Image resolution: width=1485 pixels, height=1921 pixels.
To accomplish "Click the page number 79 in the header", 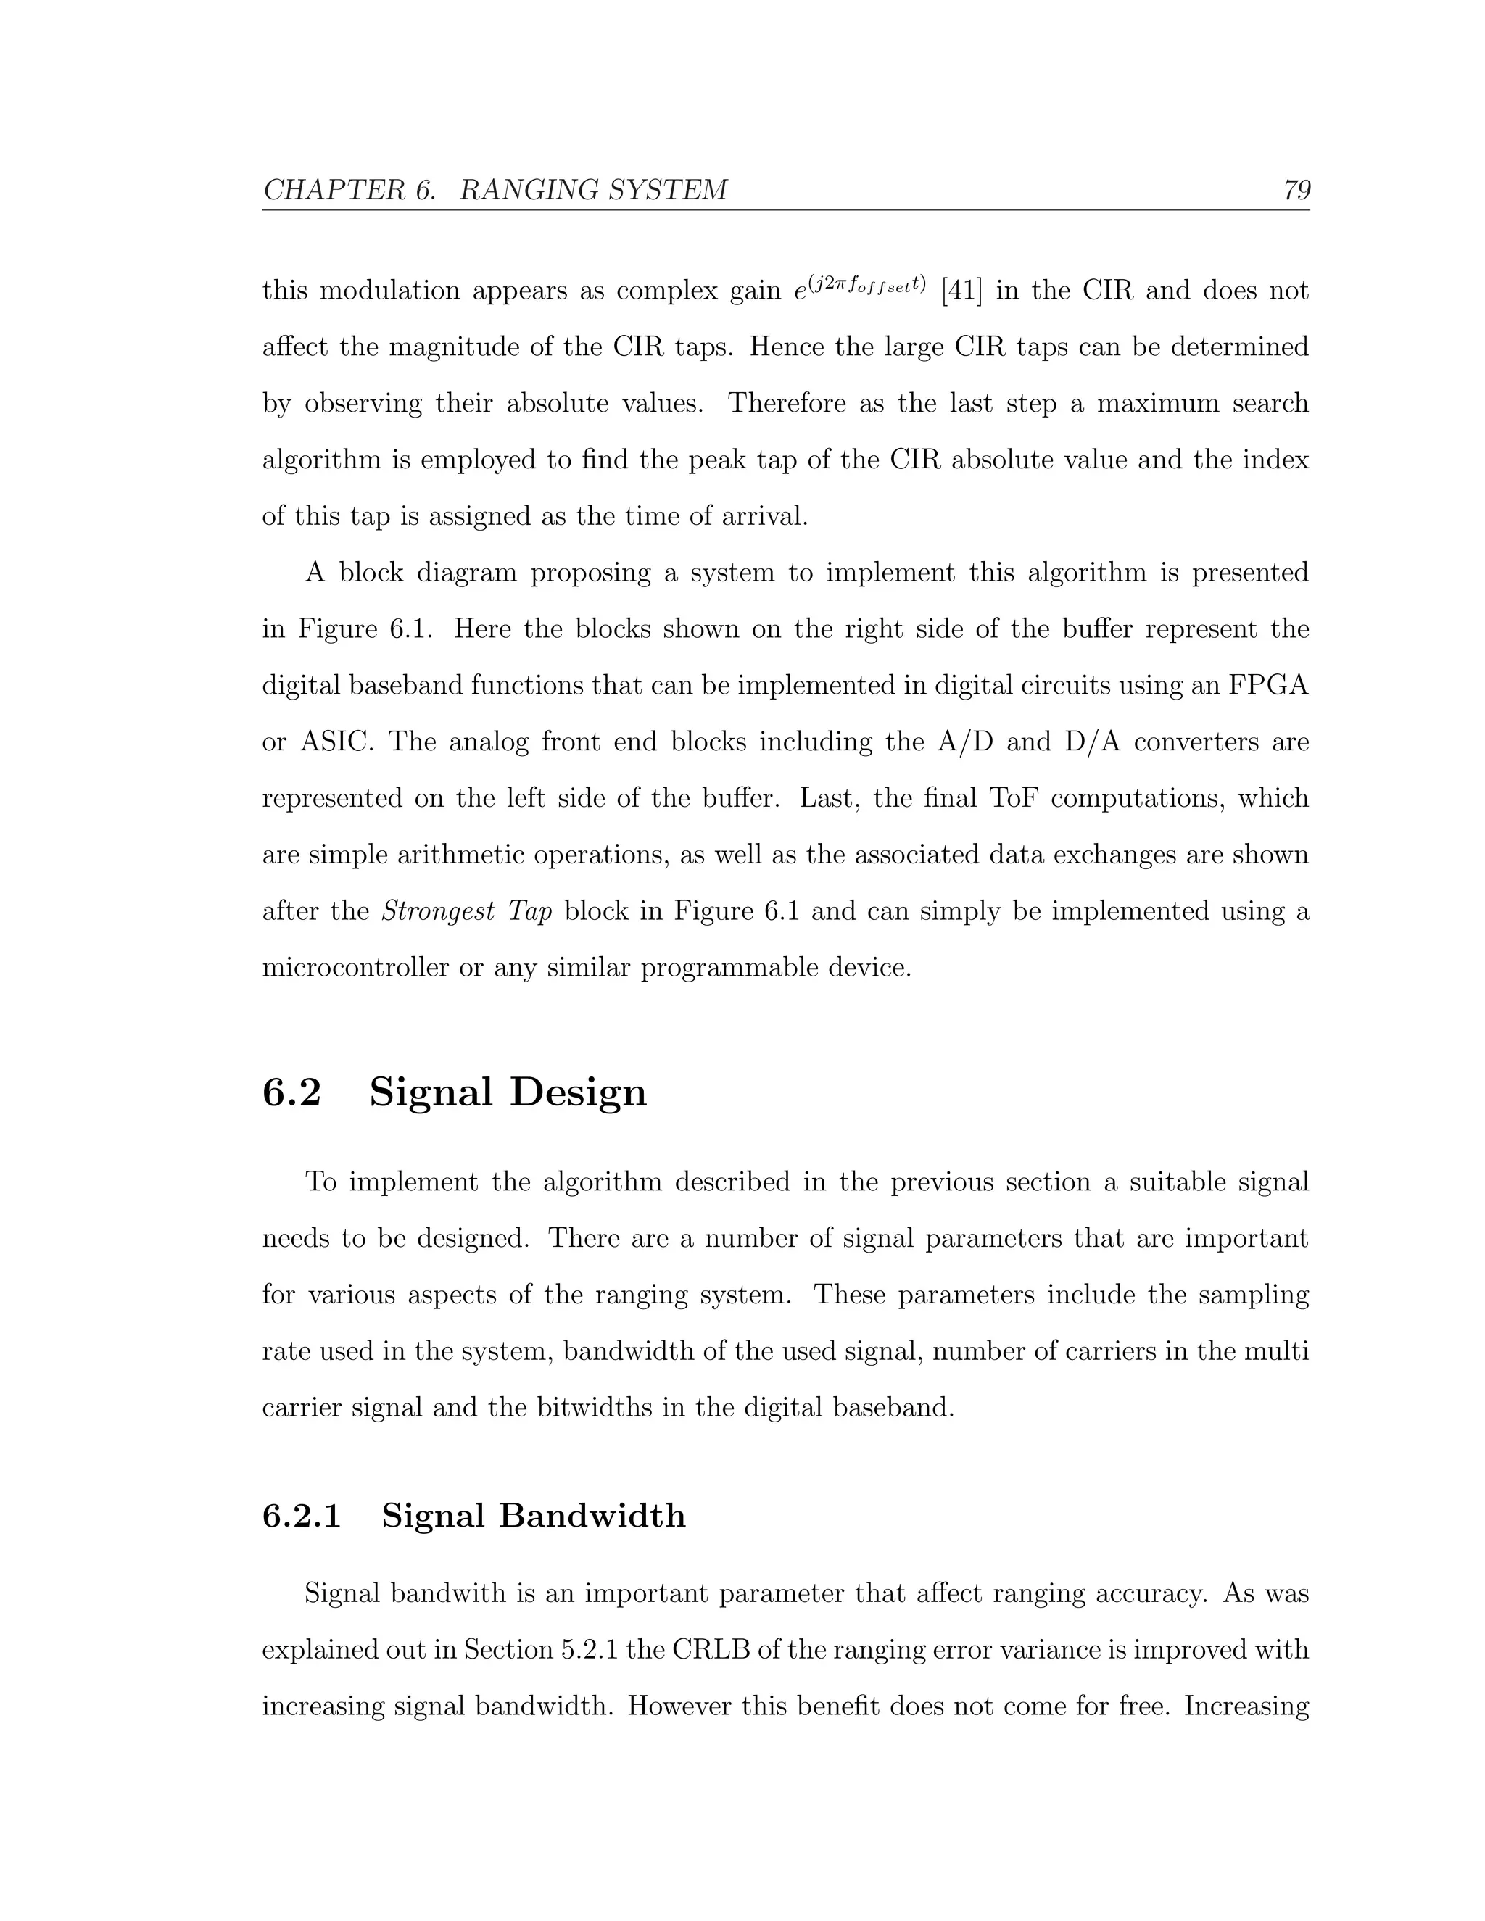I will [x=1296, y=190].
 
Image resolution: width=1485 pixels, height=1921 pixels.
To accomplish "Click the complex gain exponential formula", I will [x=859, y=287].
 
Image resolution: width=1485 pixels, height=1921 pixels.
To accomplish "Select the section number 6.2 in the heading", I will [x=292, y=1092].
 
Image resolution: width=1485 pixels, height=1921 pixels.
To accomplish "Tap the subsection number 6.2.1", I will [x=302, y=1516].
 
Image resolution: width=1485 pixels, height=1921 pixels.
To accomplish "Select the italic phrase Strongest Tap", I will [x=466, y=911].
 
